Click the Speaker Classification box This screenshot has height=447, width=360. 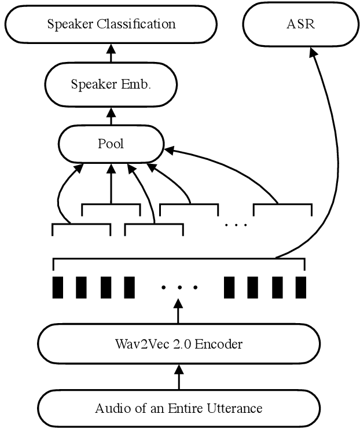(x=111, y=24)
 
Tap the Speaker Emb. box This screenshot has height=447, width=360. (x=111, y=84)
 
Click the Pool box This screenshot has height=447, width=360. (x=111, y=144)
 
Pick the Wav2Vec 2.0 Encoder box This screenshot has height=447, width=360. (x=178, y=344)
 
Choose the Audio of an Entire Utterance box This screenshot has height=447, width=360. (x=178, y=408)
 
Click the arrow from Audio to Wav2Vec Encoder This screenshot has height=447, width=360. (x=178, y=377)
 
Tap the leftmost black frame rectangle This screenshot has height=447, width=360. (x=58, y=287)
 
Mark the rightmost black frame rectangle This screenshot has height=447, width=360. (x=300, y=287)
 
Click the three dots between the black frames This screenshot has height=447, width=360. (x=179, y=287)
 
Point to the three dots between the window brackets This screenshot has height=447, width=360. (x=236, y=224)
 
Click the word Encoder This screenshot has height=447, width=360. (x=218, y=344)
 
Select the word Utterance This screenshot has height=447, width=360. (x=236, y=408)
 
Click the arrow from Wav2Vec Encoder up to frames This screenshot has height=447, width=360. (x=178, y=313)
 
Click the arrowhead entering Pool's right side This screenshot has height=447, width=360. (x=169, y=150)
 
